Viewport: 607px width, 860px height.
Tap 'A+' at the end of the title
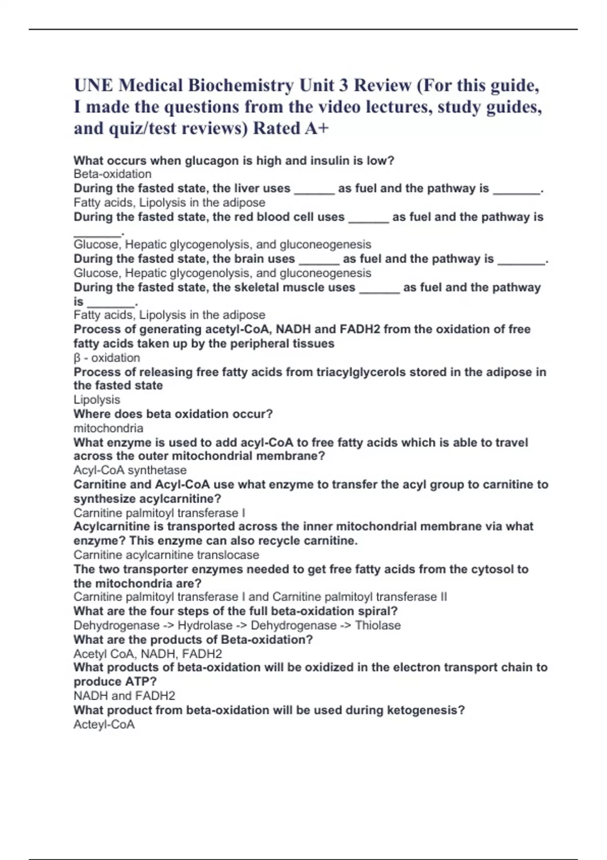(317, 128)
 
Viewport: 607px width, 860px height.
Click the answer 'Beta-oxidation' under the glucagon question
(112, 174)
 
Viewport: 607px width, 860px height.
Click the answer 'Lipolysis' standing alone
(97, 400)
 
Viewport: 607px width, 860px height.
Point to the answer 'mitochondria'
(108, 428)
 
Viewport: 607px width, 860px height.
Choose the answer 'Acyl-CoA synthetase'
(130, 470)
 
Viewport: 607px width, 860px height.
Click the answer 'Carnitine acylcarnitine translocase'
(166, 555)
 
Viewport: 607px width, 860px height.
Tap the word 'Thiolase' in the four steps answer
(378, 625)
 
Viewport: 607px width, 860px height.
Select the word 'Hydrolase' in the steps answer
(205, 625)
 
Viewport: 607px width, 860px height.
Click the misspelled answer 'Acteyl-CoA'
(104, 724)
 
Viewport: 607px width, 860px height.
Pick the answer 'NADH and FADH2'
(124, 696)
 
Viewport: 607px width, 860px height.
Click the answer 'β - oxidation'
(107, 358)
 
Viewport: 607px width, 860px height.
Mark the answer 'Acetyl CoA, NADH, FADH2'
(148, 654)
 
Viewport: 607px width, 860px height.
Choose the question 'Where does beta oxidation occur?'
(173, 414)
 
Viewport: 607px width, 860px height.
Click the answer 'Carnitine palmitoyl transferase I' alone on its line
(159, 513)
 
